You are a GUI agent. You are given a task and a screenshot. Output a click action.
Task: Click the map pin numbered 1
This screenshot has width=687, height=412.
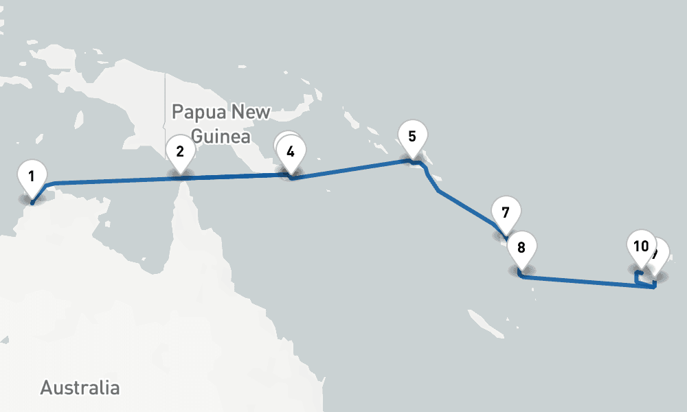coord(32,177)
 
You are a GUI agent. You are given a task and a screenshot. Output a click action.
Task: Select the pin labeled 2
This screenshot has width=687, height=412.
coord(180,151)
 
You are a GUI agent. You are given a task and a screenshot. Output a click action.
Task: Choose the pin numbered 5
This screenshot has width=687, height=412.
coord(412,136)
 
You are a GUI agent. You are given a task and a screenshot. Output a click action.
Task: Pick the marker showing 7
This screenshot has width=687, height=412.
coord(505,212)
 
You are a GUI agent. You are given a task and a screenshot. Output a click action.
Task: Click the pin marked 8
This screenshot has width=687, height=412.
coord(521,248)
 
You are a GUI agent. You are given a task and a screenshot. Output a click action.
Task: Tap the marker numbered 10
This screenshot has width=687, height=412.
coord(641,246)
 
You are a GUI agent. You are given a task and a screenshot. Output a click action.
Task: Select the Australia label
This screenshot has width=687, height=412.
coord(80,387)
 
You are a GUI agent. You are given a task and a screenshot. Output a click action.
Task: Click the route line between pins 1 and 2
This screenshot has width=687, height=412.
coord(110,181)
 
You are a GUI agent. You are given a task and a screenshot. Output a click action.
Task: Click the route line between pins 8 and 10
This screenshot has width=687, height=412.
coord(584,282)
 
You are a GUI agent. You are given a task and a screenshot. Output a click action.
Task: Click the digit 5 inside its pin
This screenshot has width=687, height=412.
coord(412,135)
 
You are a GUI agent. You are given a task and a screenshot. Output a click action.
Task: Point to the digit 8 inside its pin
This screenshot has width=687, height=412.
coord(521,247)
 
